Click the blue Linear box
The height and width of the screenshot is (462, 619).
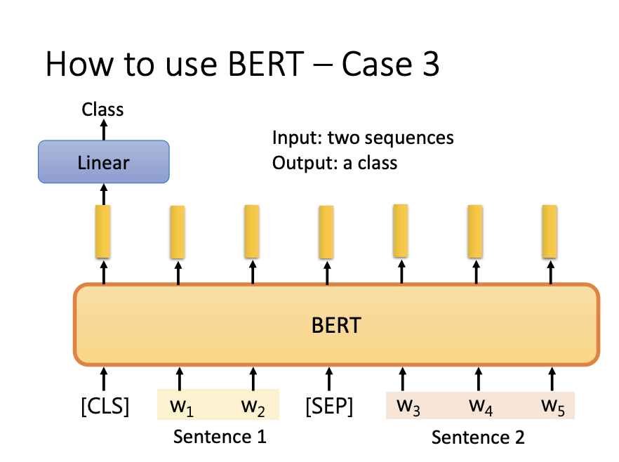click(103, 162)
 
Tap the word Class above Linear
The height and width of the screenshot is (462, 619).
click(102, 110)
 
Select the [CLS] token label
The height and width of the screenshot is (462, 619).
click(105, 406)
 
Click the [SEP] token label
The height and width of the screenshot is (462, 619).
click(329, 406)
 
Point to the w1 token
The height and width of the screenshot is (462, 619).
click(180, 406)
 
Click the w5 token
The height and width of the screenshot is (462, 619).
click(552, 406)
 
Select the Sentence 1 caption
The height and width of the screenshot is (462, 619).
click(220, 437)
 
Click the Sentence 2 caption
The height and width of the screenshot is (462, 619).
click(478, 437)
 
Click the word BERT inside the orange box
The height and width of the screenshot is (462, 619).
click(336, 326)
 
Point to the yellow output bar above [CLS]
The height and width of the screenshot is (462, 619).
click(103, 230)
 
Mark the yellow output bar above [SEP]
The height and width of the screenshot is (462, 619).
click(326, 231)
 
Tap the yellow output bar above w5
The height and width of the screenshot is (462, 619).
click(550, 230)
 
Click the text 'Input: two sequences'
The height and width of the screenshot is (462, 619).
click(363, 138)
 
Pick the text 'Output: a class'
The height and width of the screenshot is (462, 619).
click(335, 163)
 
